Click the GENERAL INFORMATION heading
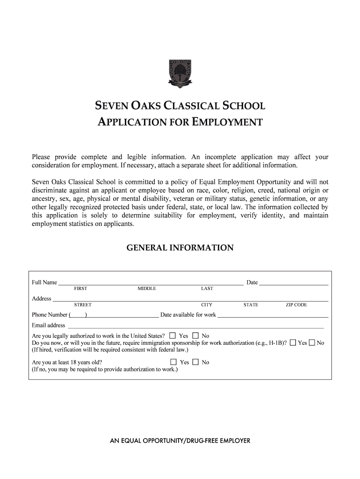tap(180, 248)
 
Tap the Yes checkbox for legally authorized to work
tap(173, 336)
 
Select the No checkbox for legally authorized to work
tap(195, 336)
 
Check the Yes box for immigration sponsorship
tap(293, 343)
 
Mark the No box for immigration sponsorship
tap(312, 343)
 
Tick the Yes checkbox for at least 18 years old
tap(173, 362)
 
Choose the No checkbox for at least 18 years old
tap(195, 362)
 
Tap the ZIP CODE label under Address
tap(296, 305)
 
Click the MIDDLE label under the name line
tap(147, 289)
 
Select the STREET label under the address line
tap(83, 305)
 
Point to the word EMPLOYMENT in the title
tap(228, 123)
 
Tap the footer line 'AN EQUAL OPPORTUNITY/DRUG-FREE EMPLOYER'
tap(180, 441)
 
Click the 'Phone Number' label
tap(50, 315)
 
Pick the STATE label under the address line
tap(251, 305)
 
